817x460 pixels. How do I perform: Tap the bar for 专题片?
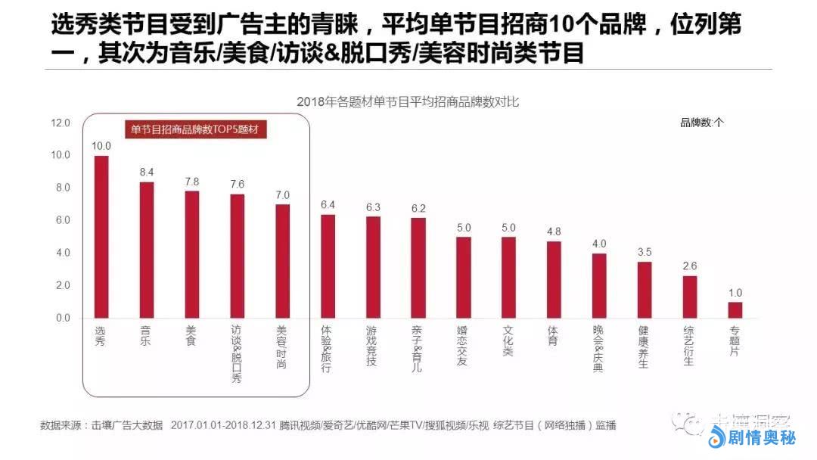[735, 310]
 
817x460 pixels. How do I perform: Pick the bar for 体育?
[554, 279]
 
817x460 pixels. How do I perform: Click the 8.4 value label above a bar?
[147, 172]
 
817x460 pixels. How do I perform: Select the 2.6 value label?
[690, 266]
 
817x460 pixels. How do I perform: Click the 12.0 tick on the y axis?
[61, 123]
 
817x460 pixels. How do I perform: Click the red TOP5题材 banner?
[195, 129]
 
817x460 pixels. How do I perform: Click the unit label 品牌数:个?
[702, 123]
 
